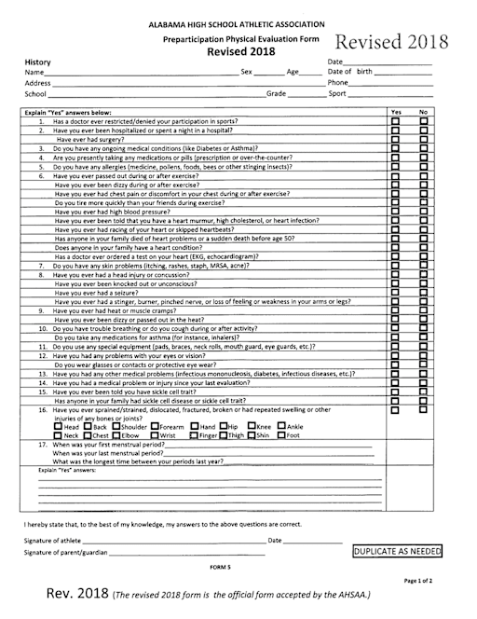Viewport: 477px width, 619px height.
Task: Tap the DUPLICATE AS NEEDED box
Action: pyautogui.click(x=397, y=552)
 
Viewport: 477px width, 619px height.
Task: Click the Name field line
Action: pyautogui.click(x=140, y=73)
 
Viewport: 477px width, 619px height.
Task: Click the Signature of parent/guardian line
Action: pyautogui.click(x=186, y=554)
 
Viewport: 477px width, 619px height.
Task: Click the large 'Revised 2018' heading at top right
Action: pyautogui.click(x=391, y=43)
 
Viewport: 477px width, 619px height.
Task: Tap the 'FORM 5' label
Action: pyautogui.click(x=219, y=567)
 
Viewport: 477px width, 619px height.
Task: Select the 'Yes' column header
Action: pyautogui.click(x=396, y=112)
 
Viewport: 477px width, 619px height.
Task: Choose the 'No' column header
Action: pyautogui.click(x=424, y=112)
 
